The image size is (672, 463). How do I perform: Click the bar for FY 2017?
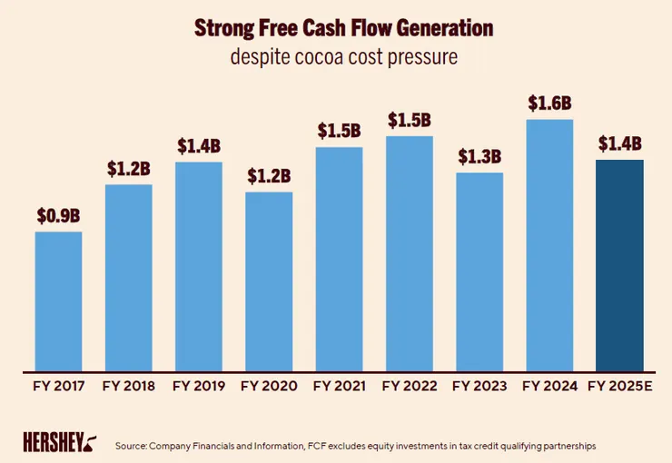click(x=58, y=301)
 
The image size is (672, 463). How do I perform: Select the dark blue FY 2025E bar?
click(x=620, y=265)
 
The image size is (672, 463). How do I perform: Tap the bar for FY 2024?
click(x=550, y=245)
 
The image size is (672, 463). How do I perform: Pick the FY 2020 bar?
click(x=269, y=281)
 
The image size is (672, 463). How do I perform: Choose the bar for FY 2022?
click(x=410, y=254)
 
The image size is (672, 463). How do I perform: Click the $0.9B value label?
click(x=59, y=217)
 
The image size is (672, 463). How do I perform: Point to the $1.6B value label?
click(x=550, y=103)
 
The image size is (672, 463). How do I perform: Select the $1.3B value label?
click(x=479, y=157)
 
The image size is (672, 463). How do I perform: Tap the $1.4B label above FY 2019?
click(x=199, y=146)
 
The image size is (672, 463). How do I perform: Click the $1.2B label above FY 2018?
click(x=128, y=169)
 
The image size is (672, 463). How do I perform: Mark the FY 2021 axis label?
click(x=340, y=386)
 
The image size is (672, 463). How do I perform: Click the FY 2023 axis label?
click(x=479, y=386)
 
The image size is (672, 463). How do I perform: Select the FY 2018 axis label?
click(x=128, y=386)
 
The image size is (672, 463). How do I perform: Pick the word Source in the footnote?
click(x=132, y=447)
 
